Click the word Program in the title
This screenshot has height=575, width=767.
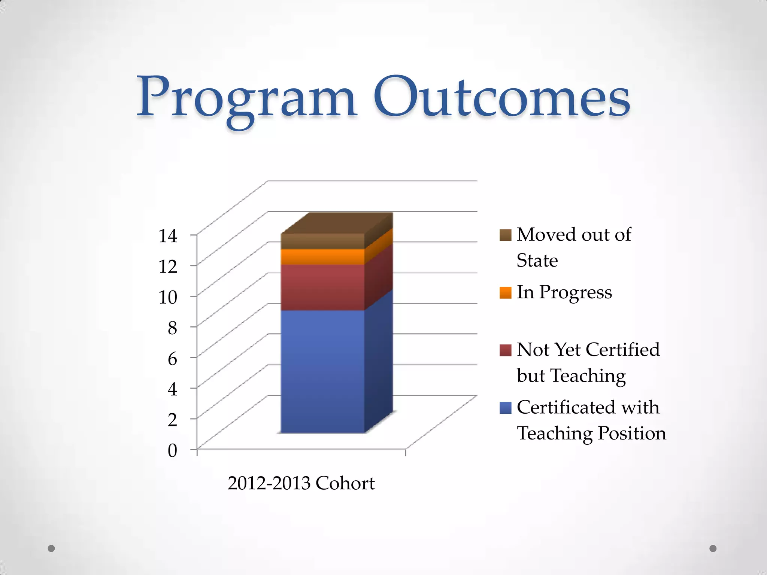[246, 98]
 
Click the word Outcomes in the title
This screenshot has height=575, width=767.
[502, 98]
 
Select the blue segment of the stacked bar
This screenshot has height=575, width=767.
[322, 371]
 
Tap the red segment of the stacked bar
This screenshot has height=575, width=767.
[322, 287]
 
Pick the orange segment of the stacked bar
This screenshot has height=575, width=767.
[322, 257]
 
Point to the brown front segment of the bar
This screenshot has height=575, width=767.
[322, 241]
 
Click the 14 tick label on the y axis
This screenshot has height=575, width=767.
[168, 236]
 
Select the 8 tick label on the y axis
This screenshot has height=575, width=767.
[172, 328]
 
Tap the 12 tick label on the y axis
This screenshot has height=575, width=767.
[168, 267]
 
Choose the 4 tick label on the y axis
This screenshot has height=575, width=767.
[172, 389]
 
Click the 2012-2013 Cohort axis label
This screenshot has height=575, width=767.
[301, 483]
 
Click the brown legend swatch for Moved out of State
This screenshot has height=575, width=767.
[505, 235]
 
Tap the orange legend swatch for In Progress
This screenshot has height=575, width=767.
[505, 293]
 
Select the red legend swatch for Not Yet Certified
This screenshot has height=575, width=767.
[505, 350]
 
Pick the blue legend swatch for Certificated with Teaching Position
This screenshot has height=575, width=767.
[505, 408]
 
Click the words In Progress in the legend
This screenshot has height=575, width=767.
[564, 293]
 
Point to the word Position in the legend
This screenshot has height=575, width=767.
[632, 433]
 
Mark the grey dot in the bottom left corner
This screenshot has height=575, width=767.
[51, 548]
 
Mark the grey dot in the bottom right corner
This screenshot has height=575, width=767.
[713, 548]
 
